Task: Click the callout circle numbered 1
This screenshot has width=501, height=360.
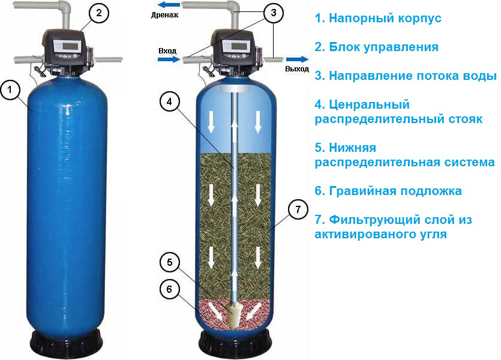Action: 10,90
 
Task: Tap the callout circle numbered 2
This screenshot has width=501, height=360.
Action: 99,13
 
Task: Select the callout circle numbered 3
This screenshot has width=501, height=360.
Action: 273,13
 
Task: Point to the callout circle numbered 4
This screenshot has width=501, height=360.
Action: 169,101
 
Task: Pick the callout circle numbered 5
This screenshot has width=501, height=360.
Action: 169,262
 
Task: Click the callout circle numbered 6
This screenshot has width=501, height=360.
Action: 169,289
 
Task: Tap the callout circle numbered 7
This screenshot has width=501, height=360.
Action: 298,209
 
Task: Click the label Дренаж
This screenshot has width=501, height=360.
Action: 164,14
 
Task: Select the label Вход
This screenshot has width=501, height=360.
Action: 167,51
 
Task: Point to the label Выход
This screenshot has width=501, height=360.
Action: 297,68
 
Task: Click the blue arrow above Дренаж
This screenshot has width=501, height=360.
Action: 169,5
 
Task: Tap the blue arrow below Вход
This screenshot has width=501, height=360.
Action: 169,59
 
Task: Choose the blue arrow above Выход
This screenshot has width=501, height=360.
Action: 297,59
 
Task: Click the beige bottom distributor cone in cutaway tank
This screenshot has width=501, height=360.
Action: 235,316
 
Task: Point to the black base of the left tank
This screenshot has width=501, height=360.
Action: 65,343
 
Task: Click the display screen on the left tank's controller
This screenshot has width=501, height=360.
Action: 70,46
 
